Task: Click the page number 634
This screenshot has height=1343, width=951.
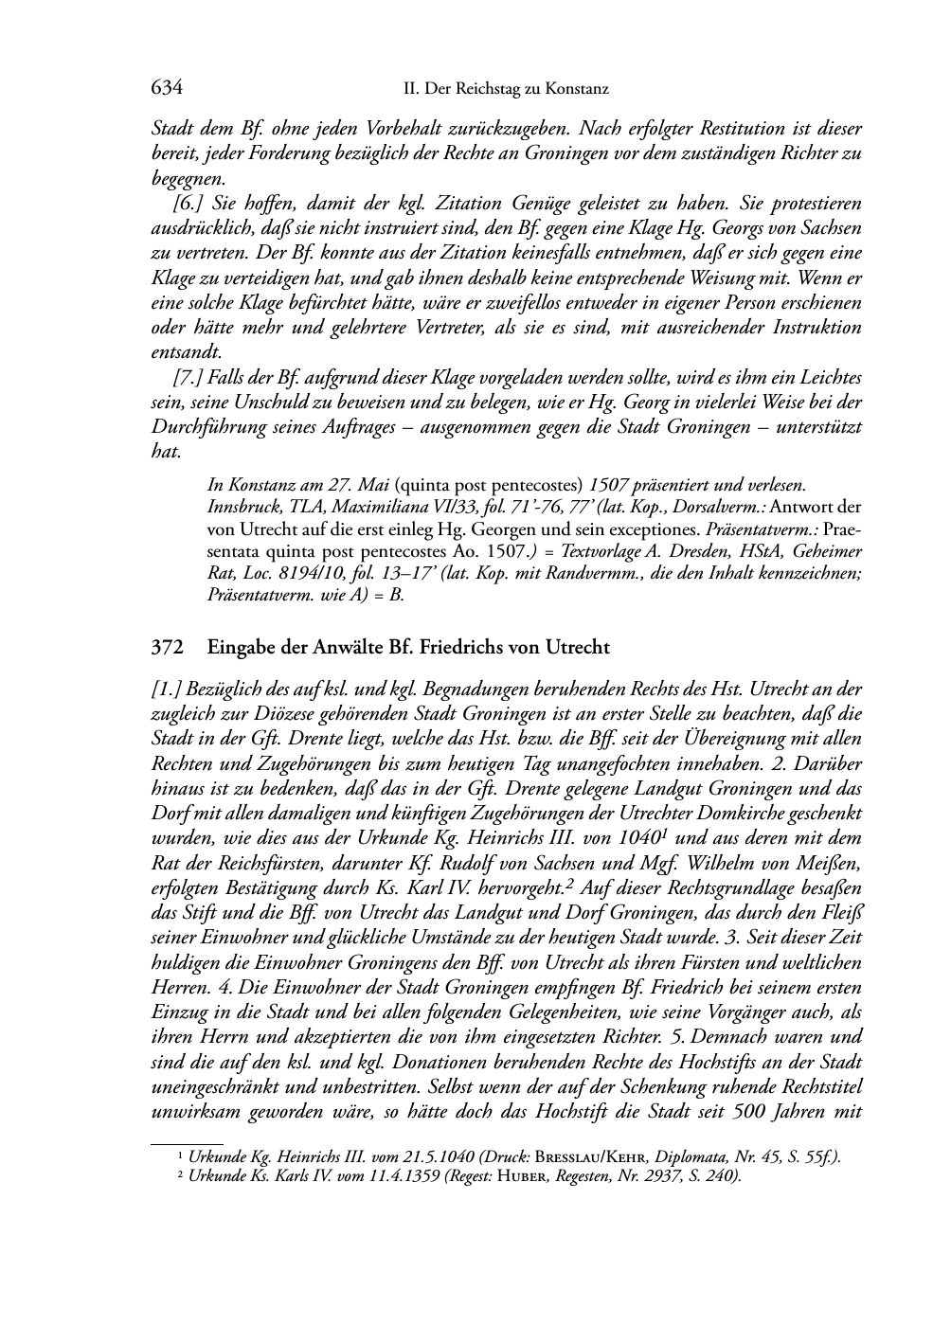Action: point(167,89)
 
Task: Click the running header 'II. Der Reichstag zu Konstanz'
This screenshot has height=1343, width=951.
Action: point(506,89)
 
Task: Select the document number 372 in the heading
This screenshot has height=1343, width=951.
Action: point(167,649)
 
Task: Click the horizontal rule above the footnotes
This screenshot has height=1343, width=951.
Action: point(187,1143)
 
